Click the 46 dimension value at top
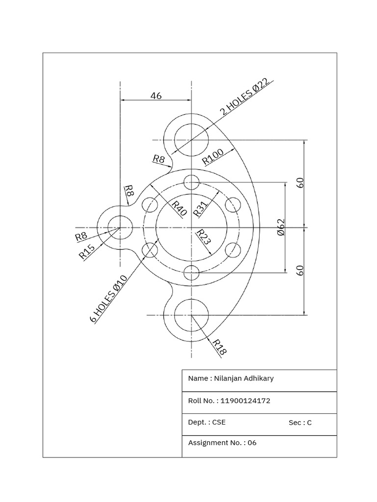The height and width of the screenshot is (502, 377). coord(156,96)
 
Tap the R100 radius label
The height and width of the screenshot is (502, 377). coord(213,156)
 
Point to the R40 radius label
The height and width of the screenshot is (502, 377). coord(179,208)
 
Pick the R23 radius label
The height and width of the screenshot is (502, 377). coord(204,237)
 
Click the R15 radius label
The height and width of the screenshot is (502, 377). coord(86,252)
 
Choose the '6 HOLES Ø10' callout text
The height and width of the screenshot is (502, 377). coord(109,299)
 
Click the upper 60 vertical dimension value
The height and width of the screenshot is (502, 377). coord(300,183)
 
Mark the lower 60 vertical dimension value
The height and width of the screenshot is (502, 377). coord(300,270)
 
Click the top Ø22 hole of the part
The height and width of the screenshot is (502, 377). coord(191,140)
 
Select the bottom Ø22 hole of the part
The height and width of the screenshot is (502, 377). coord(191,315)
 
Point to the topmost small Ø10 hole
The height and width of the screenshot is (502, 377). coord(191,183)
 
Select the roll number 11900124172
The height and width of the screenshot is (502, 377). coord(245,401)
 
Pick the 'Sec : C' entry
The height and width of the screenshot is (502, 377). coord(300,423)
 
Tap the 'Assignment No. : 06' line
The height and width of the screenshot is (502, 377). coord(222,443)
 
